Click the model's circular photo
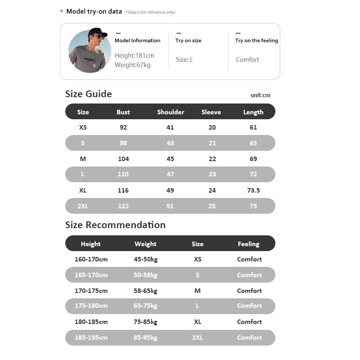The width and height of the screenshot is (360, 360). (x=90, y=51)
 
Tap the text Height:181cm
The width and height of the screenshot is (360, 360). (x=134, y=56)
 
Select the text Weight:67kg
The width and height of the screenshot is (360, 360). (x=132, y=65)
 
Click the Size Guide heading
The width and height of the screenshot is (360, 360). (x=88, y=94)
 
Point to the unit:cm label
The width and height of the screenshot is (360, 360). (x=260, y=95)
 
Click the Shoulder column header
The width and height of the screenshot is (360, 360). (x=171, y=112)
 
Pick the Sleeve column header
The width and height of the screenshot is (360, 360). (x=211, y=112)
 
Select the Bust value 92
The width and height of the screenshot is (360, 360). (x=123, y=127)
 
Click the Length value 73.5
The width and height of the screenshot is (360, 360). (x=253, y=190)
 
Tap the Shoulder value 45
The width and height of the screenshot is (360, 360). (x=170, y=159)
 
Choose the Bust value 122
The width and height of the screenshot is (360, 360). (x=123, y=206)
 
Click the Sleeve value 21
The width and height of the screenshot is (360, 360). (x=212, y=143)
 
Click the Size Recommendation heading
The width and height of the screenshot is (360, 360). (x=115, y=225)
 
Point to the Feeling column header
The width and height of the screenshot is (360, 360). (x=248, y=244)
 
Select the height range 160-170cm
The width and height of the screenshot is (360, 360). (x=91, y=259)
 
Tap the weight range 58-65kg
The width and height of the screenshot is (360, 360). (x=146, y=291)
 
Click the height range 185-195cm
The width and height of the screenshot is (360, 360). (x=91, y=337)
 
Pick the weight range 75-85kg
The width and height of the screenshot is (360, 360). (x=146, y=322)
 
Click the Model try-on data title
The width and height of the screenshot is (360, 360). (x=94, y=11)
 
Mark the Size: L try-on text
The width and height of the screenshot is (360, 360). (x=184, y=60)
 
